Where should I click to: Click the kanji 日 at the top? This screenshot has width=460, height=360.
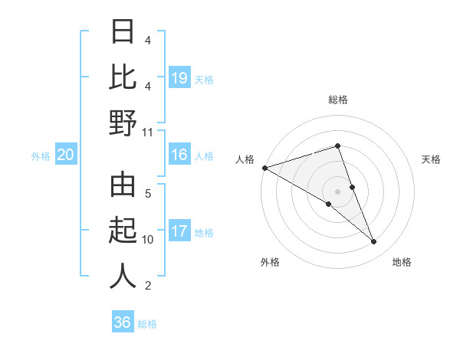pos(123,32)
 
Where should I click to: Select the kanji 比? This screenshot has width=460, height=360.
pos(123,77)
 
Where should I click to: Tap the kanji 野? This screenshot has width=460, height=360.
pos(123,123)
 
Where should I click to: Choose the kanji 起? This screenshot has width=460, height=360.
pos(123,231)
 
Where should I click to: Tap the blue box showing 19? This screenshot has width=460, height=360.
pos(179,78)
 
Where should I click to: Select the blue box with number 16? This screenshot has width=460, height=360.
pos(179,155)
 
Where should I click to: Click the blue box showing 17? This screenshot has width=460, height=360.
pos(179,231)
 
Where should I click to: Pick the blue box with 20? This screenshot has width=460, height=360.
pos(66,155)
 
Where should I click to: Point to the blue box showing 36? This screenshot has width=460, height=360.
pos(123,322)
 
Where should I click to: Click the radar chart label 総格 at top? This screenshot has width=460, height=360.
pos(337,100)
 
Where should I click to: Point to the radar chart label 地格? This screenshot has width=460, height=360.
pos(402,262)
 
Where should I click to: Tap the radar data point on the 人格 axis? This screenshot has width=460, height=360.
pos(264,167)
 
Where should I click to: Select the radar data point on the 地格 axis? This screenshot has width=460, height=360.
pos(374,242)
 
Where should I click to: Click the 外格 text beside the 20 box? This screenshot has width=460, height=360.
pos(41,156)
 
